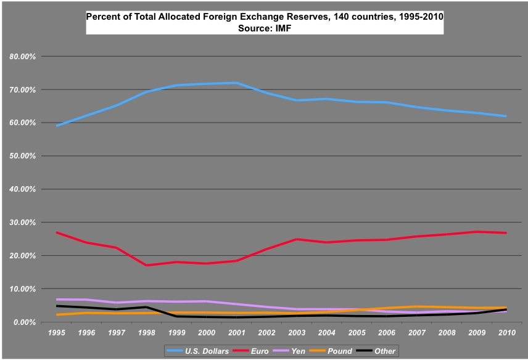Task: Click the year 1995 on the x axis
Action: [57, 333]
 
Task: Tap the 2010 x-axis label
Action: [506, 333]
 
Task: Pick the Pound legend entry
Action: [340, 351]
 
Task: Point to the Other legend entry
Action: [385, 351]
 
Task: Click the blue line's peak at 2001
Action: [236, 83]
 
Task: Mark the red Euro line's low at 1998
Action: [146, 265]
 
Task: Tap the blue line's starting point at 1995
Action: [57, 126]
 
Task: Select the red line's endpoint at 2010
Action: [506, 233]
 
